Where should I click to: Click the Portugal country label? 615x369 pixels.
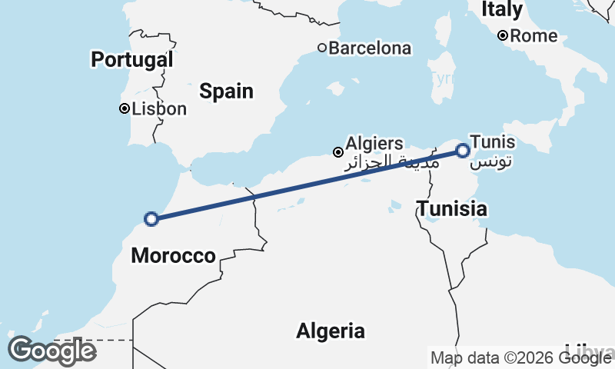pos(131,59)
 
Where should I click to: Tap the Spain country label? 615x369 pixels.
pos(226,91)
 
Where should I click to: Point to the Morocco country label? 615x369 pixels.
pos(173,256)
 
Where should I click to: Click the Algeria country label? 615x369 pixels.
pos(331,331)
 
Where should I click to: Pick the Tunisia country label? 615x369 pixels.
pos(451,208)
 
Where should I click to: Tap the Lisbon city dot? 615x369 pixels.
pos(124,109)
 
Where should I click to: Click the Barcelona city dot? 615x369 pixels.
pos(322,48)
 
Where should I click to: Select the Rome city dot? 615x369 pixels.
pos(502,35)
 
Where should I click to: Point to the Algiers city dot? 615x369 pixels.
pos(337,152)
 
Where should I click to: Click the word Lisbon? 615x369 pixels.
pos(159,109)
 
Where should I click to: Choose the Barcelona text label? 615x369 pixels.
pos(370,48)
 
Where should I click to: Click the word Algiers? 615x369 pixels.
pos(374,143)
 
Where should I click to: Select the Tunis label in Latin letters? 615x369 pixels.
pos(493,142)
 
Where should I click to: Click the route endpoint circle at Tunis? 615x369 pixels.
pos(463,151)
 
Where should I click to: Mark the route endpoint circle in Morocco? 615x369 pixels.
pos(151,219)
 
